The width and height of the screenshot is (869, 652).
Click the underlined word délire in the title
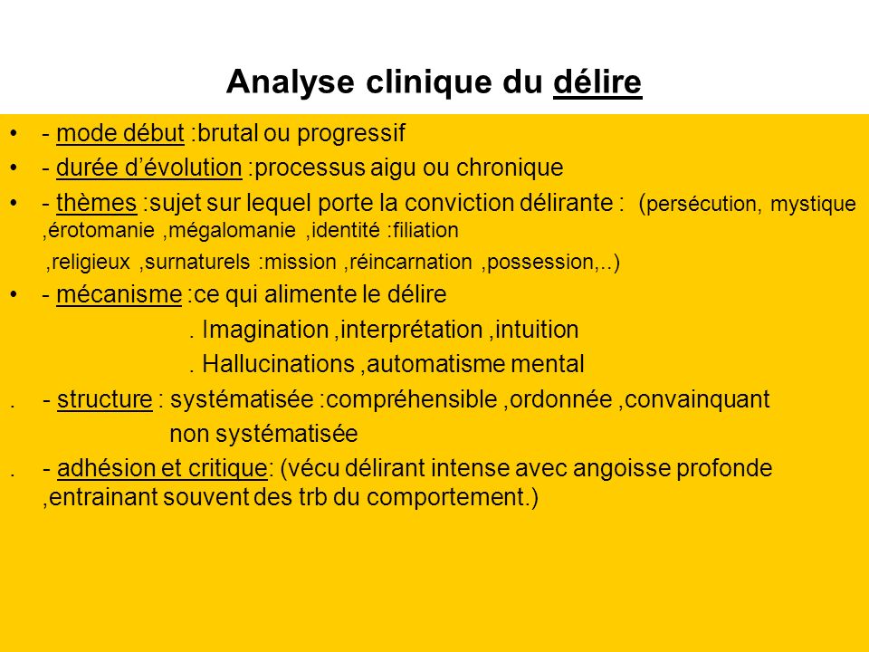tap(597, 81)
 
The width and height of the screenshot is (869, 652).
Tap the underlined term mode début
tap(120, 133)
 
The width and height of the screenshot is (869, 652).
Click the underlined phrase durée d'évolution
tap(149, 168)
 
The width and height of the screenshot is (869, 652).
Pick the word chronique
tap(510, 168)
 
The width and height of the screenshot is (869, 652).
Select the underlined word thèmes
tap(97, 202)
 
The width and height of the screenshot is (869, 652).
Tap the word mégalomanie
tap(232, 231)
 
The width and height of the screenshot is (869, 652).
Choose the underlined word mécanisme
tap(119, 294)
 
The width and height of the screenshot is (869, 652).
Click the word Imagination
tap(265, 330)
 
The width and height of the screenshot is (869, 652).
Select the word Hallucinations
tap(278, 364)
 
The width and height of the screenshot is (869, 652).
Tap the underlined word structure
tap(105, 399)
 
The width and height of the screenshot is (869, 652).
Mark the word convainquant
tap(697, 399)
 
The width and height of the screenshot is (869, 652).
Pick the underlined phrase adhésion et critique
tap(162, 468)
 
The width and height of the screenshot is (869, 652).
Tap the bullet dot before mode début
tap(14, 134)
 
